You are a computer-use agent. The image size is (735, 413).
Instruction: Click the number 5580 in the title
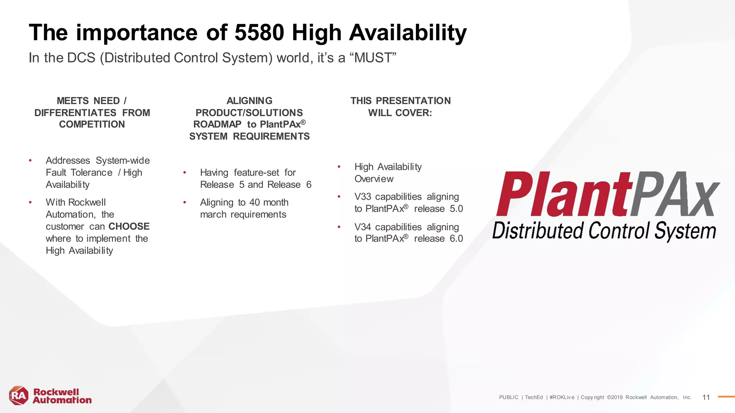click(x=259, y=33)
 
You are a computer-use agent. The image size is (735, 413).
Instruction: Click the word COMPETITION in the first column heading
click(x=92, y=124)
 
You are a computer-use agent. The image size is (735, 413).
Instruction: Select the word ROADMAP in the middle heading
click(x=217, y=124)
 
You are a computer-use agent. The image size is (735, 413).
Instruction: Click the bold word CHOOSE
click(x=129, y=227)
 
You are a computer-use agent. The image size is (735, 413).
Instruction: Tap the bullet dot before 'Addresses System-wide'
click(x=31, y=161)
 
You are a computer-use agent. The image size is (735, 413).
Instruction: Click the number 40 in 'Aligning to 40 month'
click(x=254, y=203)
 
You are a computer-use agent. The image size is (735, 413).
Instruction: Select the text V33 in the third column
click(x=362, y=197)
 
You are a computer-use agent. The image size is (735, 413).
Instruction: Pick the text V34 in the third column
click(x=362, y=227)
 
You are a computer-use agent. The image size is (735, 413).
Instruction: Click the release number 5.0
click(x=456, y=209)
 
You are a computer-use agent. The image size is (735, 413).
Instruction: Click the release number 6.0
click(x=456, y=239)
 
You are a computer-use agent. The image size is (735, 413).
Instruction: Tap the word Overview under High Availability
click(x=374, y=179)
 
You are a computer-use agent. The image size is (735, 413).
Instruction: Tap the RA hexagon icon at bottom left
click(x=19, y=396)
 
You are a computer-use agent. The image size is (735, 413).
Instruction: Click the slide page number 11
click(x=706, y=397)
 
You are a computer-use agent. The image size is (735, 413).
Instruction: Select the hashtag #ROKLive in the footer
click(x=562, y=397)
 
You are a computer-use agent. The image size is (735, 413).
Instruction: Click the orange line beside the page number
click(x=726, y=397)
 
